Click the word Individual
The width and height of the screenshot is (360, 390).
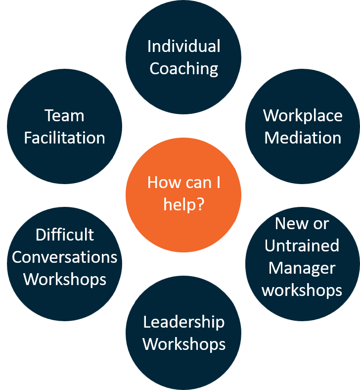click(x=183, y=47)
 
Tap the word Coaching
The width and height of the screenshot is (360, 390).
click(x=183, y=69)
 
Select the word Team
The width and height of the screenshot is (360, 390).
click(x=64, y=116)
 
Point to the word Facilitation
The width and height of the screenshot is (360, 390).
click(x=64, y=138)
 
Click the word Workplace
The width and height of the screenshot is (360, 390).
click(x=303, y=116)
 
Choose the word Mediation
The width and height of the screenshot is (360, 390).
click(x=303, y=138)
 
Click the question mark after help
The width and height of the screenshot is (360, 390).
click(x=200, y=204)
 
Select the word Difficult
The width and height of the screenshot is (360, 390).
click(x=64, y=235)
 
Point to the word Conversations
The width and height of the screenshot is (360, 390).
click(x=64, y=257)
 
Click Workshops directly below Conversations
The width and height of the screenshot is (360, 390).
click(x=64, y=279)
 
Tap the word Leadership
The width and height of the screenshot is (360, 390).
click(x=183, y=322)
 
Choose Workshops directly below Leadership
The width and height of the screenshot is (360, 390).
click(x=183, y=344)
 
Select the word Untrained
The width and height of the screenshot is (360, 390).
click(x=302, y=246)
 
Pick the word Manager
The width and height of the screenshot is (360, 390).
click(x=302, y=268)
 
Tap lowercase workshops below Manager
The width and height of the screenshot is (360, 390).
click(x=302, y=290)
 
